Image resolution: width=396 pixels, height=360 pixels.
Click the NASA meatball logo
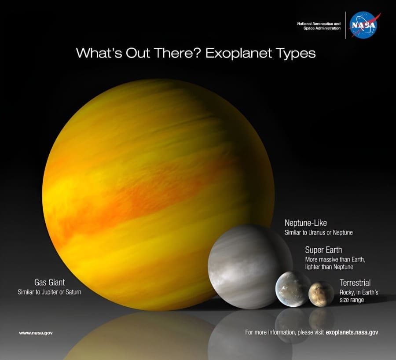[x=363, y=25]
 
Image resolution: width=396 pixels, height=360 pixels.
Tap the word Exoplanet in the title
[x=238, y=53]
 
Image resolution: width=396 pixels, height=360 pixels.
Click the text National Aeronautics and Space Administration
[x=319, y=26]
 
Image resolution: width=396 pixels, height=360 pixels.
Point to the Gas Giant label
[x=49, y=282]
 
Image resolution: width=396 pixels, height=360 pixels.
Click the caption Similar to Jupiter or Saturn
[x=49, y=292]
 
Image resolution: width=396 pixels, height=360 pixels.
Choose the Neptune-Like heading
[x=306, y=223]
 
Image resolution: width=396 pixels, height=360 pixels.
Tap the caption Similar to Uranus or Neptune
[x=319, y=232]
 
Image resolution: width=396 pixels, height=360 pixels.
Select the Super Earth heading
[x=323, y=250]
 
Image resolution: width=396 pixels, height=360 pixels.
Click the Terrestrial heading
[x=355, y=283]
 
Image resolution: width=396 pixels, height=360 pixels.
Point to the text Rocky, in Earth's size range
[x=359, y=296]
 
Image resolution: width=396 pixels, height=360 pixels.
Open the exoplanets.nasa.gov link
[x=352, y=333]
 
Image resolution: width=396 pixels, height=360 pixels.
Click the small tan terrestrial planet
[x=321, y=294]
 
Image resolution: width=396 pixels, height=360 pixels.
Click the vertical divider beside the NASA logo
[x=345, y=25]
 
